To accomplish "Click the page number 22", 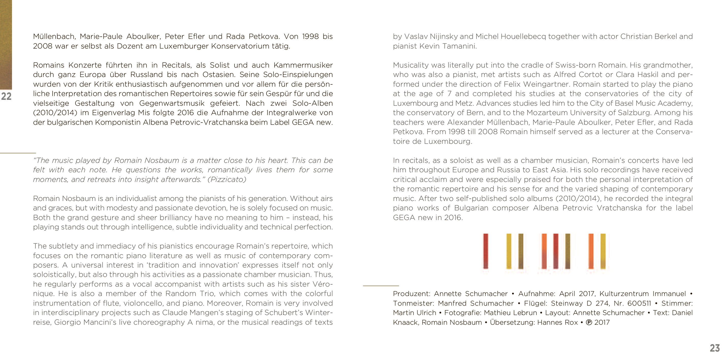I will point(6,96).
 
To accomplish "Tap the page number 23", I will point(715,348).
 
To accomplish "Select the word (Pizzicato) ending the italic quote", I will point(227,179).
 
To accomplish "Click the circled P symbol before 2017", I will point(589,322).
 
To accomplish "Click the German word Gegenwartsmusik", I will point(172,103).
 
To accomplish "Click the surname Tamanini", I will point(459,46).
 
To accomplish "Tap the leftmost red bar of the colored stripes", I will point(486,251).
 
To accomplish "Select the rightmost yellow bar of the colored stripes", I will point(603,251).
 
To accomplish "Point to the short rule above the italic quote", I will point(18,153).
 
